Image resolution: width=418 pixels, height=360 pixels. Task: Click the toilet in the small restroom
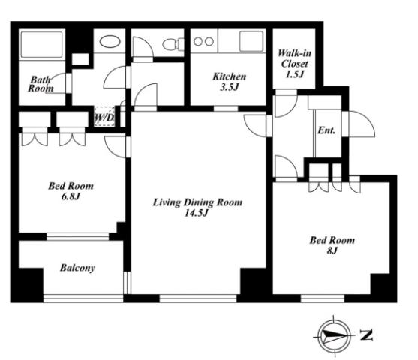[173, 44]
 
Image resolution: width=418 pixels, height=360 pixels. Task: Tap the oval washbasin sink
[110, 42]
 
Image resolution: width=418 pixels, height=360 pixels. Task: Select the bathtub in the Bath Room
[41, 44]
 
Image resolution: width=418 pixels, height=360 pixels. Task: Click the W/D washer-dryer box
[104, 116]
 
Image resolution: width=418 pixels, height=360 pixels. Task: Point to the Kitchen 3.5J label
[229, 81]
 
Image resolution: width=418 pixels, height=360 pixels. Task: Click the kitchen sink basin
[251, 41]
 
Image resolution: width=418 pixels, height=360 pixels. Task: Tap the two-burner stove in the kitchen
[204, 41]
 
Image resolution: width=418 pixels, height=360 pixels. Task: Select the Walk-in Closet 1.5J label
[294, 64]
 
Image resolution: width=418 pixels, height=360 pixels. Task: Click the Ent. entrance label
[326, 130]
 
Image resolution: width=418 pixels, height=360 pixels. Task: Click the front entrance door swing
[362, 124]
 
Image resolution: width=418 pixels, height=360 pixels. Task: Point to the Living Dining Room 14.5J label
[197, 207]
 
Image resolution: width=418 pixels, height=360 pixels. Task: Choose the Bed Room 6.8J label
[71, 191]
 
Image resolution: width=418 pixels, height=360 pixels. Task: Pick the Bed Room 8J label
[332, 245]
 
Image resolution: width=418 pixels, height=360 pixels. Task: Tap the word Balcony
[77, 268]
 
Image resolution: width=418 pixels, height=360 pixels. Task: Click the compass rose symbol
[335, 336]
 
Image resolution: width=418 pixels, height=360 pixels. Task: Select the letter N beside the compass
[366, 335]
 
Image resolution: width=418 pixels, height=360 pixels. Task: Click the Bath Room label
[41, 84]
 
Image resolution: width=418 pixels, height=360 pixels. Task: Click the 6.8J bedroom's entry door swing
[115, 147]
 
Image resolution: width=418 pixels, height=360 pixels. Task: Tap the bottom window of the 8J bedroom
[323, 298]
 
